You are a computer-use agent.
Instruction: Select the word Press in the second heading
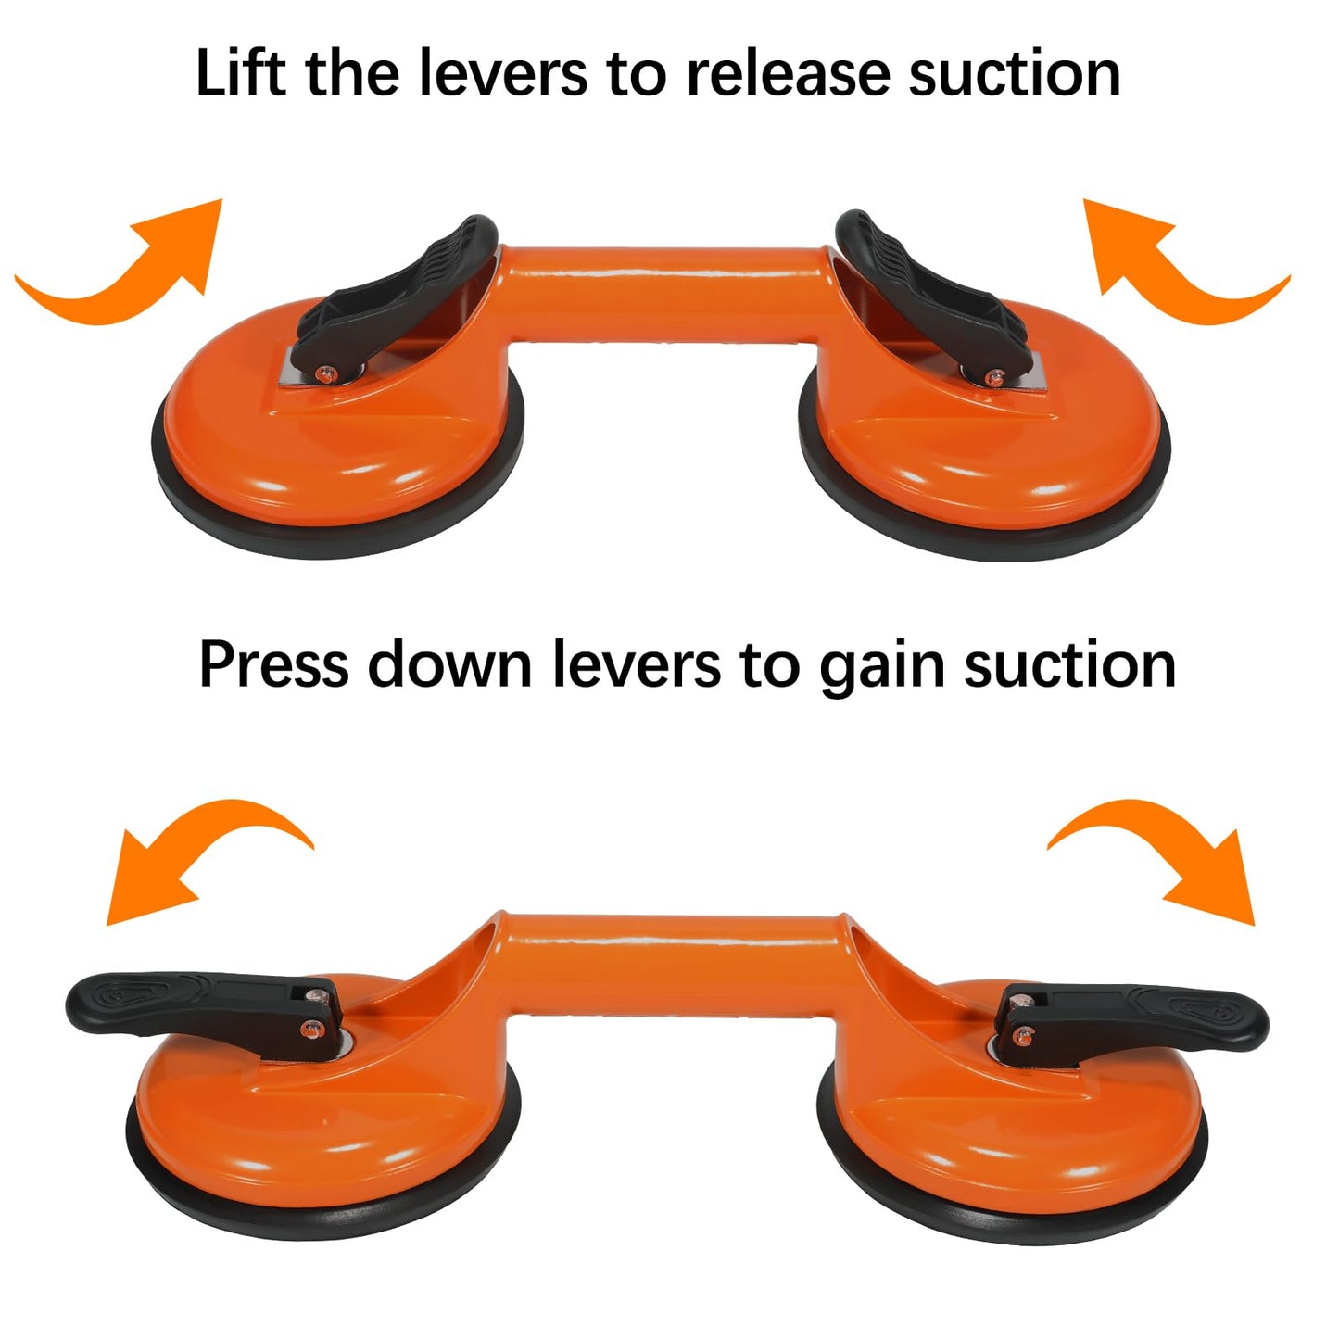[x=273, y=664]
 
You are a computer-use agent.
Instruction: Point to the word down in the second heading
[x=449, y=664]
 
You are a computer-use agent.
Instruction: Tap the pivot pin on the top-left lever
[x=323, y=373]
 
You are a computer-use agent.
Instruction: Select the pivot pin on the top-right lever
[x=993, y=377]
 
